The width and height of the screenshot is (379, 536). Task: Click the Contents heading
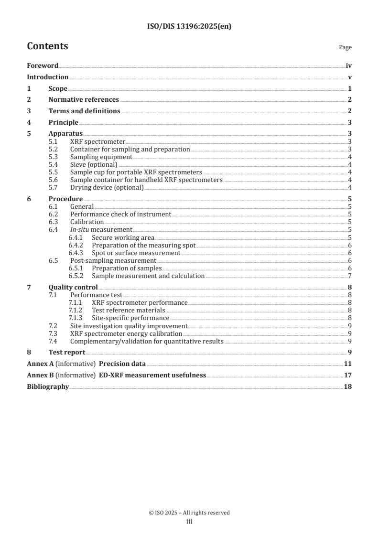point(47,46)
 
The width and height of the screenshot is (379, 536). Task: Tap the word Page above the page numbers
point(345,48)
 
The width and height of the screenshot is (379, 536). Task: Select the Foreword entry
point(43,66)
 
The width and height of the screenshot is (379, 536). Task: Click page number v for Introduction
point(350,77)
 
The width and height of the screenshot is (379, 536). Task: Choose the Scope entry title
point(58,89)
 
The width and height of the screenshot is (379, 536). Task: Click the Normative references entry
point(84,100)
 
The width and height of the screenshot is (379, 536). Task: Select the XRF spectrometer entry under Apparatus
point(97,142)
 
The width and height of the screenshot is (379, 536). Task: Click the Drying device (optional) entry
point(107,188)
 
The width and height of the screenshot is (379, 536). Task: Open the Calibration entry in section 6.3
point(87,222)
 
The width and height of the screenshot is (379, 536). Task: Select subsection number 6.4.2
point(76,245)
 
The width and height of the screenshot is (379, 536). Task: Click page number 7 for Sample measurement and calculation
point(350,276)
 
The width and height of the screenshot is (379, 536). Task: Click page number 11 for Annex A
point(348,364)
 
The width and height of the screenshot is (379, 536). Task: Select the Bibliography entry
point(48,386)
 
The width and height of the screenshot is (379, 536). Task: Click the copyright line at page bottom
point(189,513)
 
